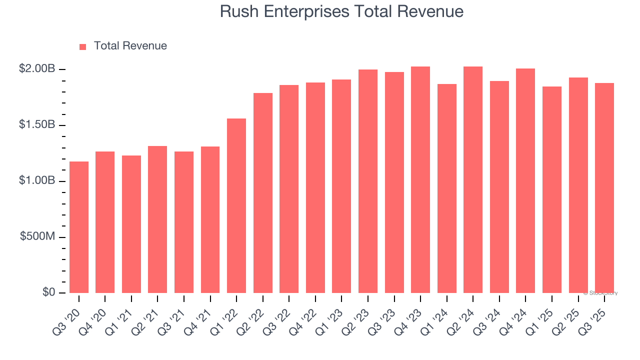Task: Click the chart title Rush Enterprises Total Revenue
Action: [x=341, y=11]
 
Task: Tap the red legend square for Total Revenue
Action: [x=83, y=46]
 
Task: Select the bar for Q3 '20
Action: [x=79, y=227]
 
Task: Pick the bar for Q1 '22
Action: [x=236, y=205]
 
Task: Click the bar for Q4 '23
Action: [x=420, y=179]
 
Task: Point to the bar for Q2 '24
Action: [x=473, y=179]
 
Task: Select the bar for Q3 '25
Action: [x=604, y=188]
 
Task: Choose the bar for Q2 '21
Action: [x=157, y=219]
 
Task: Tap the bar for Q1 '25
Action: [x=552, y=189]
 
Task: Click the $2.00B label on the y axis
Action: [x=37, y=69]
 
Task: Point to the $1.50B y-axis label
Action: [x=37, y=125]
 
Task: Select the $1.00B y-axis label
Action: [x=37, y=181]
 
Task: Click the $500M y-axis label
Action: [x=38, y=236]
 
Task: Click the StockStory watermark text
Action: [x=600, y=293]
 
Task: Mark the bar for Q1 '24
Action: [x=447, y=188]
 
